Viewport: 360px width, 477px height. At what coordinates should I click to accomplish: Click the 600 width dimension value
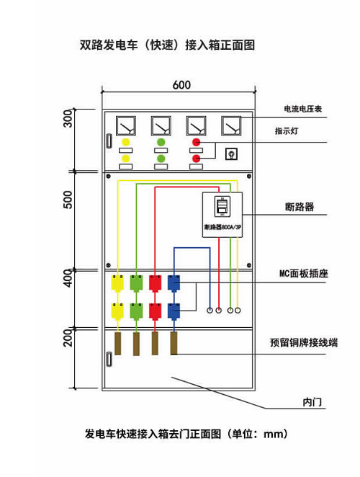click(x=181, y=85)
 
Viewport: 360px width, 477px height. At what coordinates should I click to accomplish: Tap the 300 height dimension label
click(x=68, y=118)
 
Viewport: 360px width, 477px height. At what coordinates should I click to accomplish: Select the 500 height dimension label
click(x=68, y=200)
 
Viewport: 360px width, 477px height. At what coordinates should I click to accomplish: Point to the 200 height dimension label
click(x=68, y=338)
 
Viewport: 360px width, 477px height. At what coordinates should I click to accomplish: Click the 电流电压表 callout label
click(x=302, y=109)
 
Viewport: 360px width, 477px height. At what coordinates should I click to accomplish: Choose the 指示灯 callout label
click(x=287, y=131)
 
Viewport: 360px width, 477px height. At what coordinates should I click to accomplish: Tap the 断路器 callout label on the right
click(x=300, y=207)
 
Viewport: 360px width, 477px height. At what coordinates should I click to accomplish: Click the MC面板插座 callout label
click(x=304, y=273)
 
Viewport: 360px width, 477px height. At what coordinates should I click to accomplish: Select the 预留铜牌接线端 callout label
click(x=304, y=342)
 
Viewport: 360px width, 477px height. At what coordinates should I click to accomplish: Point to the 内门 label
click(x=312, y=402)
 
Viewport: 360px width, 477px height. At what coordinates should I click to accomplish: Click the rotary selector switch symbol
click(x=231, y=154)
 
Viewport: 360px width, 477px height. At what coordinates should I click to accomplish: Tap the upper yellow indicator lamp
click(x=125, y=142)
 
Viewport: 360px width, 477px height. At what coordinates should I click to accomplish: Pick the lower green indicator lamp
click(x=161, y=159)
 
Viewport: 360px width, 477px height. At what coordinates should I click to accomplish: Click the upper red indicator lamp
click(x=196, y=142)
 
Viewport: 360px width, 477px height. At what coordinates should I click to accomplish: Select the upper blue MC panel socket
click(x=174, y=283)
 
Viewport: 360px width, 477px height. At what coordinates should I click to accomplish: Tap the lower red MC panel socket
click(x=155, y=311)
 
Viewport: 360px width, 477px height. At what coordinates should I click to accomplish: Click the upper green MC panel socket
click(x=136, y=283)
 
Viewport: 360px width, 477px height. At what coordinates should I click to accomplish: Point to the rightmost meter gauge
click(x=231, y=125)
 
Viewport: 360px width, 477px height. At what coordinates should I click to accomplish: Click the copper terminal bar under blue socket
click(x=174, y=344)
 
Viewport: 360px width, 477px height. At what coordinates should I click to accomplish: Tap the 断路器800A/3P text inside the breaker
click(x=222, y=227)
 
